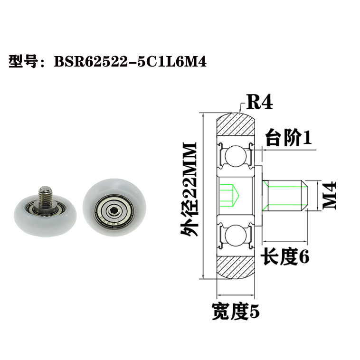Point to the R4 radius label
coord(258,102)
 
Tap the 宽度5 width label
coord(236,313)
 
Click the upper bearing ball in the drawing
coord(235,155)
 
